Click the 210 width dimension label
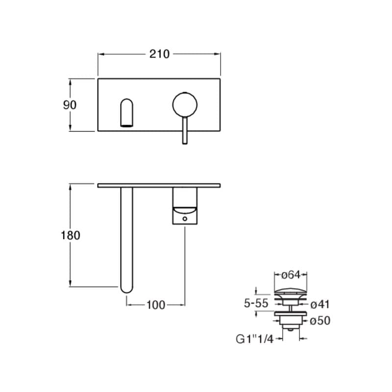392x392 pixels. coord(159,54)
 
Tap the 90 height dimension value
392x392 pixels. coord(70,105)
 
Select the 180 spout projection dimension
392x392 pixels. coord(71,235)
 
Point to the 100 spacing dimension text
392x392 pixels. coord(156,305)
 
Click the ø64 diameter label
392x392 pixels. coord(291,275)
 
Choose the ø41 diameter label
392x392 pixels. coord(320,304)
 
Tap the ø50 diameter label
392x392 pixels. coord(320,321)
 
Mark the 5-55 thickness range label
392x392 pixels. coord(256,303)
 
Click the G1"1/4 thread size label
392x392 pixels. coord(254,339)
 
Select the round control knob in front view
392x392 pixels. coord(185,105)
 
